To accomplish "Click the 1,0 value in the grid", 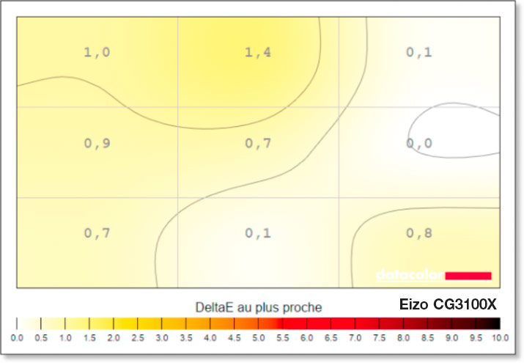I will coord(97,52).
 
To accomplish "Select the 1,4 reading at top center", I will coord(258,52).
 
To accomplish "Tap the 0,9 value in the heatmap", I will coord(97,143).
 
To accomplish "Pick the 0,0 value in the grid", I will coord(419,143).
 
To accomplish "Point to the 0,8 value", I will coord(419,233).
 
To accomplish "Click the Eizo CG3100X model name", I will coord(449,304).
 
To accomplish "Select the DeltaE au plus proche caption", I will coord(259,306).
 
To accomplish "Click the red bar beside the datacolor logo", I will coord(468,275).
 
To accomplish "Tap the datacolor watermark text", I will coord(409,276).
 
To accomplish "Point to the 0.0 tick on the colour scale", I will coord(17,337).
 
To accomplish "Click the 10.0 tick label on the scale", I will coord(500,337).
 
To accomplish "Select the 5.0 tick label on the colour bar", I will coord(259,337).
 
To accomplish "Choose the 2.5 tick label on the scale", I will coord(138,337).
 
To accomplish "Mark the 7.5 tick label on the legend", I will coord(379,337).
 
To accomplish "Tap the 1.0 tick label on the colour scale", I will coord(65,337).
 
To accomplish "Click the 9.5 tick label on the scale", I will coord(476,337).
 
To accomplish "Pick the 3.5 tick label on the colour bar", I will coord(186,337).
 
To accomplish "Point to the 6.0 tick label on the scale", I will coord(307,337).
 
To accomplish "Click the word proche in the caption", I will coord(303,306).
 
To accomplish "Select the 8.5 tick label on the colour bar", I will coord(427,337).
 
